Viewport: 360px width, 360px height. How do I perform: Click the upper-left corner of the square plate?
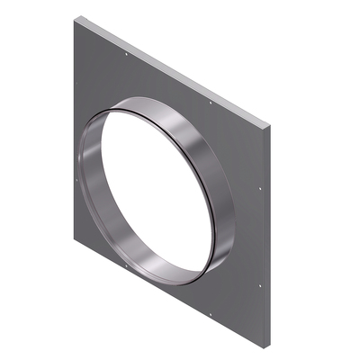[x=75, y=17]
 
